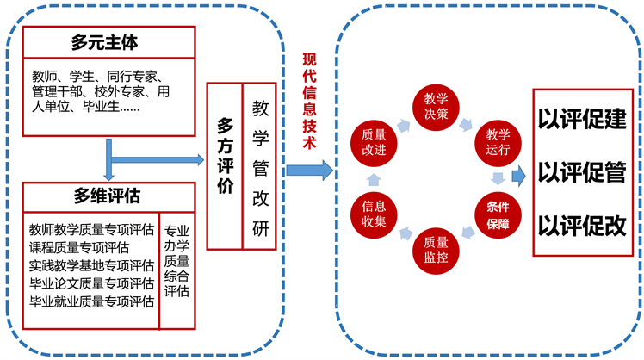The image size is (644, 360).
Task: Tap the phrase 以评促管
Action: click(x=582, y=172)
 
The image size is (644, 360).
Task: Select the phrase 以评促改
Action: click(x=582, y=226)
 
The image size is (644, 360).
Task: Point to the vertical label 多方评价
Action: click(x=224, y=164)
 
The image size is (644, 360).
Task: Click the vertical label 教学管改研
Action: click(x=258, y=164)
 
